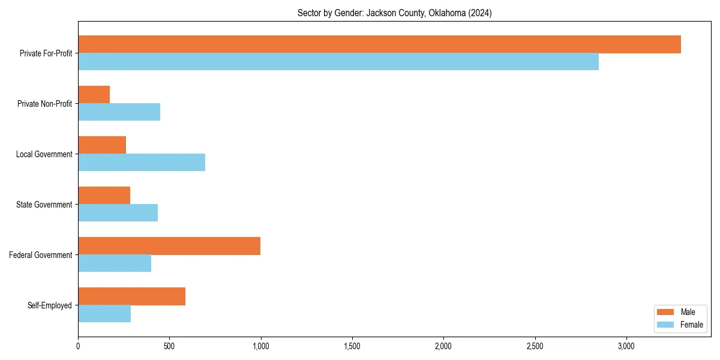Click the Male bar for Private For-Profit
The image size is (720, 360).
[379, 44]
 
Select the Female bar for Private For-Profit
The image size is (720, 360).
[338, 62]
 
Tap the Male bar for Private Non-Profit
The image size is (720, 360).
[94, 95]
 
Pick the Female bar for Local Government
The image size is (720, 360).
[142, 162]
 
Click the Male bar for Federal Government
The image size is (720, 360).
[169, 246]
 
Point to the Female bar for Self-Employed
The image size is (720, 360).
[104, 314]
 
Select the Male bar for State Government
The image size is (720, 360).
[104, 196]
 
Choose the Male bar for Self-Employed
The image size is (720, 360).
[132, 296]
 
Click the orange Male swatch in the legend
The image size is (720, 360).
[666, 312]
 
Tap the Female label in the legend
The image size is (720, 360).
[692, 325]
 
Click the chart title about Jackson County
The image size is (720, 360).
[394, 13]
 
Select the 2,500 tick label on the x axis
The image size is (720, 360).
[535, 346]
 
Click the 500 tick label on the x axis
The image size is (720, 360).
[169, 346]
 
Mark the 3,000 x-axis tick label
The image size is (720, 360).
[626, 346]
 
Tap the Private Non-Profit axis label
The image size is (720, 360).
[44, 104]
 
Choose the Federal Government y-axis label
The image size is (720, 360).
[41, 255]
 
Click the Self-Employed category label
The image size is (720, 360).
[50, 305]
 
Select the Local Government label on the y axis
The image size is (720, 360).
[44, 154]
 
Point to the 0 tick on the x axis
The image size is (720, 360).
[78, 346]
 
